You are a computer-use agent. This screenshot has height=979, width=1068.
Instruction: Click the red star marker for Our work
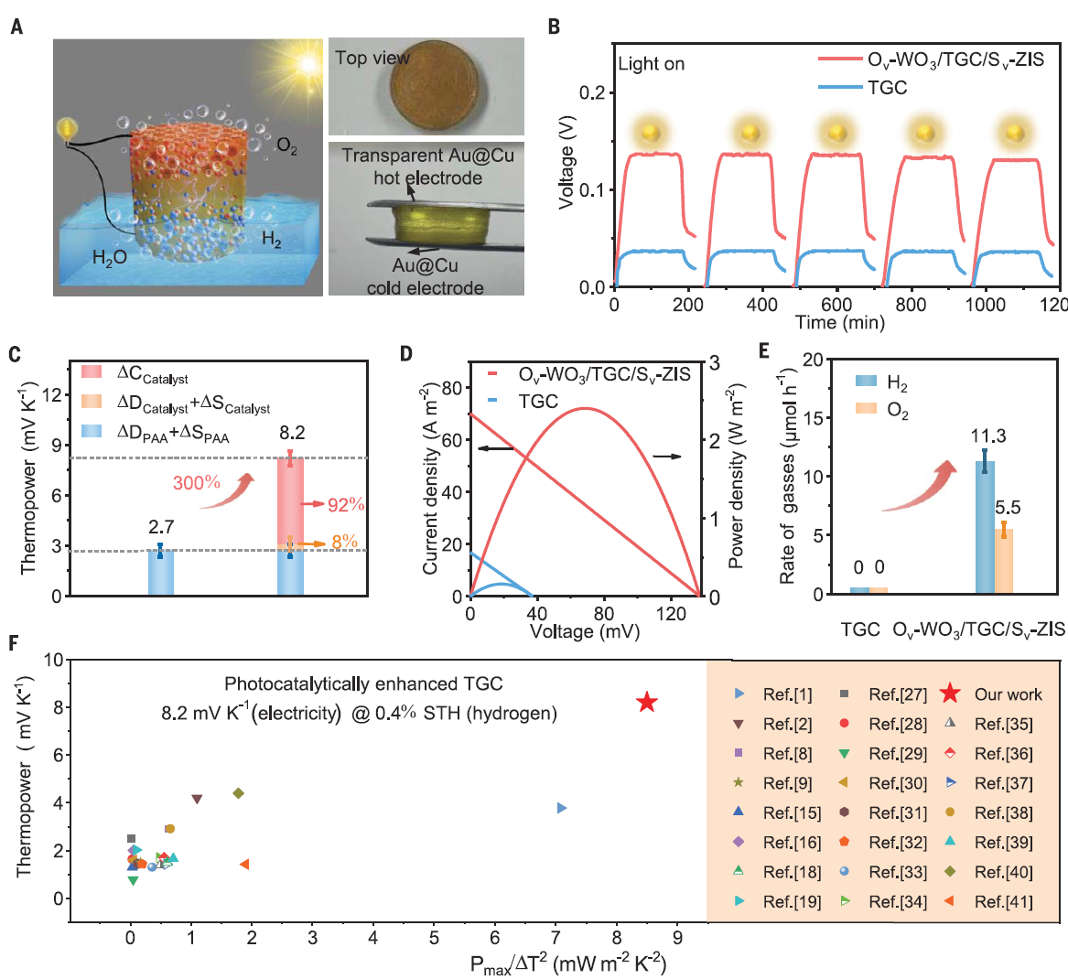pos(647,703)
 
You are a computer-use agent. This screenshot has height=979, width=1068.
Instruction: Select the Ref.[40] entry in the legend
pos(1003,872)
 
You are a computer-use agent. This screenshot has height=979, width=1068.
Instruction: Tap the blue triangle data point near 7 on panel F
pos(562,808)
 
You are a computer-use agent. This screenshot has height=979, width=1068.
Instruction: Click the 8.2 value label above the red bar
pos(292,433)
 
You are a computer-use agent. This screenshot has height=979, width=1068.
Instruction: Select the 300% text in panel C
pos(196,482)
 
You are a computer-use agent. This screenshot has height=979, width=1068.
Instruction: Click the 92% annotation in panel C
pos(346,505)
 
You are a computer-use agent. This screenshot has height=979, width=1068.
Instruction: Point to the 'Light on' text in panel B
pos(651,64)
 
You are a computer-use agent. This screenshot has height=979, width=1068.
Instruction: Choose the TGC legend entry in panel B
pos(886,88)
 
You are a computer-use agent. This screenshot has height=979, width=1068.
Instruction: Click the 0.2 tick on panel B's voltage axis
pos(593,92)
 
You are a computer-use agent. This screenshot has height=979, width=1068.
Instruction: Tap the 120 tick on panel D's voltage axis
pos(671,614)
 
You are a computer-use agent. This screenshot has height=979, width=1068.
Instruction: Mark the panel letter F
pos(14,643)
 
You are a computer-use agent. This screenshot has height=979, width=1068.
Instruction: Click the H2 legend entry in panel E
pos(897,383)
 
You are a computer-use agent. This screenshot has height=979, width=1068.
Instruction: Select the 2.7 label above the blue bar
pos(161,527)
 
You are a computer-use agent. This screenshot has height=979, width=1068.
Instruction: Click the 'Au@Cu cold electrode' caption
pos(425,276)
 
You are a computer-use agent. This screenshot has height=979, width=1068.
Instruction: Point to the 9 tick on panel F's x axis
pos(677,937)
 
